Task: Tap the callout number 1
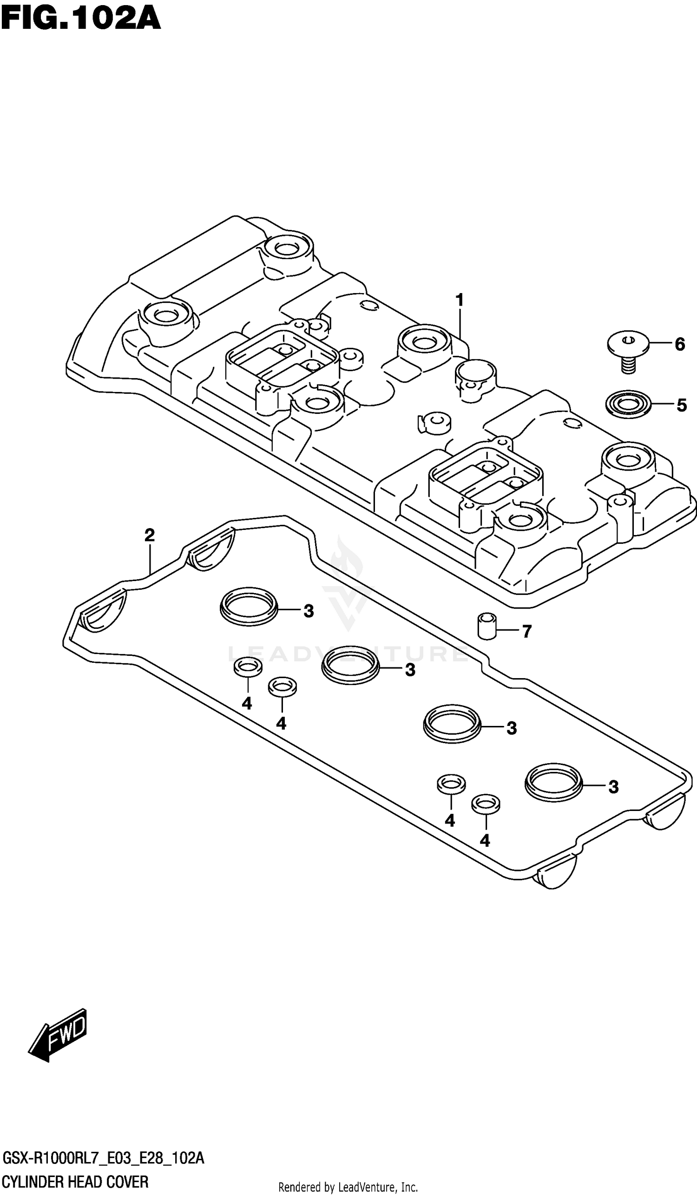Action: [459, 301]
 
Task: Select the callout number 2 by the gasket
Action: [150, 536]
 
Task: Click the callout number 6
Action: [679, 344]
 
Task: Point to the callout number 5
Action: [681, 405]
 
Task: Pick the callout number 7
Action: [526, 631]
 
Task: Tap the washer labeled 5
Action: [628, 405]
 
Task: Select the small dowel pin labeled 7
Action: [487, 627]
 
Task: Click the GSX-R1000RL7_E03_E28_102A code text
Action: [104, 1158]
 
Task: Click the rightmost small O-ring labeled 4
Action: [485, 804]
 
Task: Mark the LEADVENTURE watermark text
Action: [348, 653]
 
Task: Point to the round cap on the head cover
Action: [475, 373]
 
